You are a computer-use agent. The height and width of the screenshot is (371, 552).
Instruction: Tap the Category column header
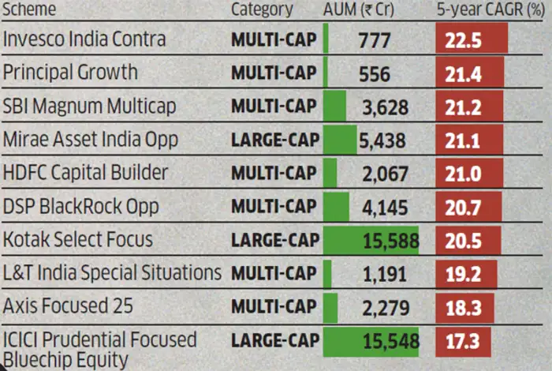coord(262,10)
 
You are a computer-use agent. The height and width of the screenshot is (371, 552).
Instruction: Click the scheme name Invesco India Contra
coord(84,39)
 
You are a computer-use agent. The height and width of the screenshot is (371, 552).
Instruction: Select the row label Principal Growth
coord(70,73)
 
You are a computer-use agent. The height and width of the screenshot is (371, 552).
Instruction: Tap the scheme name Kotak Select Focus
coord(78,239)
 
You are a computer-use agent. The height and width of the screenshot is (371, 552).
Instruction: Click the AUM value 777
coord(374,39)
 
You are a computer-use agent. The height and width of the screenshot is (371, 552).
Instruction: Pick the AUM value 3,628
coord(384,107)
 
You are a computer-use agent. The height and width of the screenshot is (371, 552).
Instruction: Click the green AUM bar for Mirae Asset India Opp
coord(340,140)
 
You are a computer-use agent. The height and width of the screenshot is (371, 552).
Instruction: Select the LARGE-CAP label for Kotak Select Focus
coord(275,240)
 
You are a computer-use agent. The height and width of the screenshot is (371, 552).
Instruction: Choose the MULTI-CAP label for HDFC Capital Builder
coord(274,173)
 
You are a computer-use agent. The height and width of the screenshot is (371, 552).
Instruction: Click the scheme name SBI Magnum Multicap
coord(89,106)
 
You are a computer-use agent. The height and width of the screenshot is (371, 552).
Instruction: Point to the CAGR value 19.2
coord(465,273)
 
